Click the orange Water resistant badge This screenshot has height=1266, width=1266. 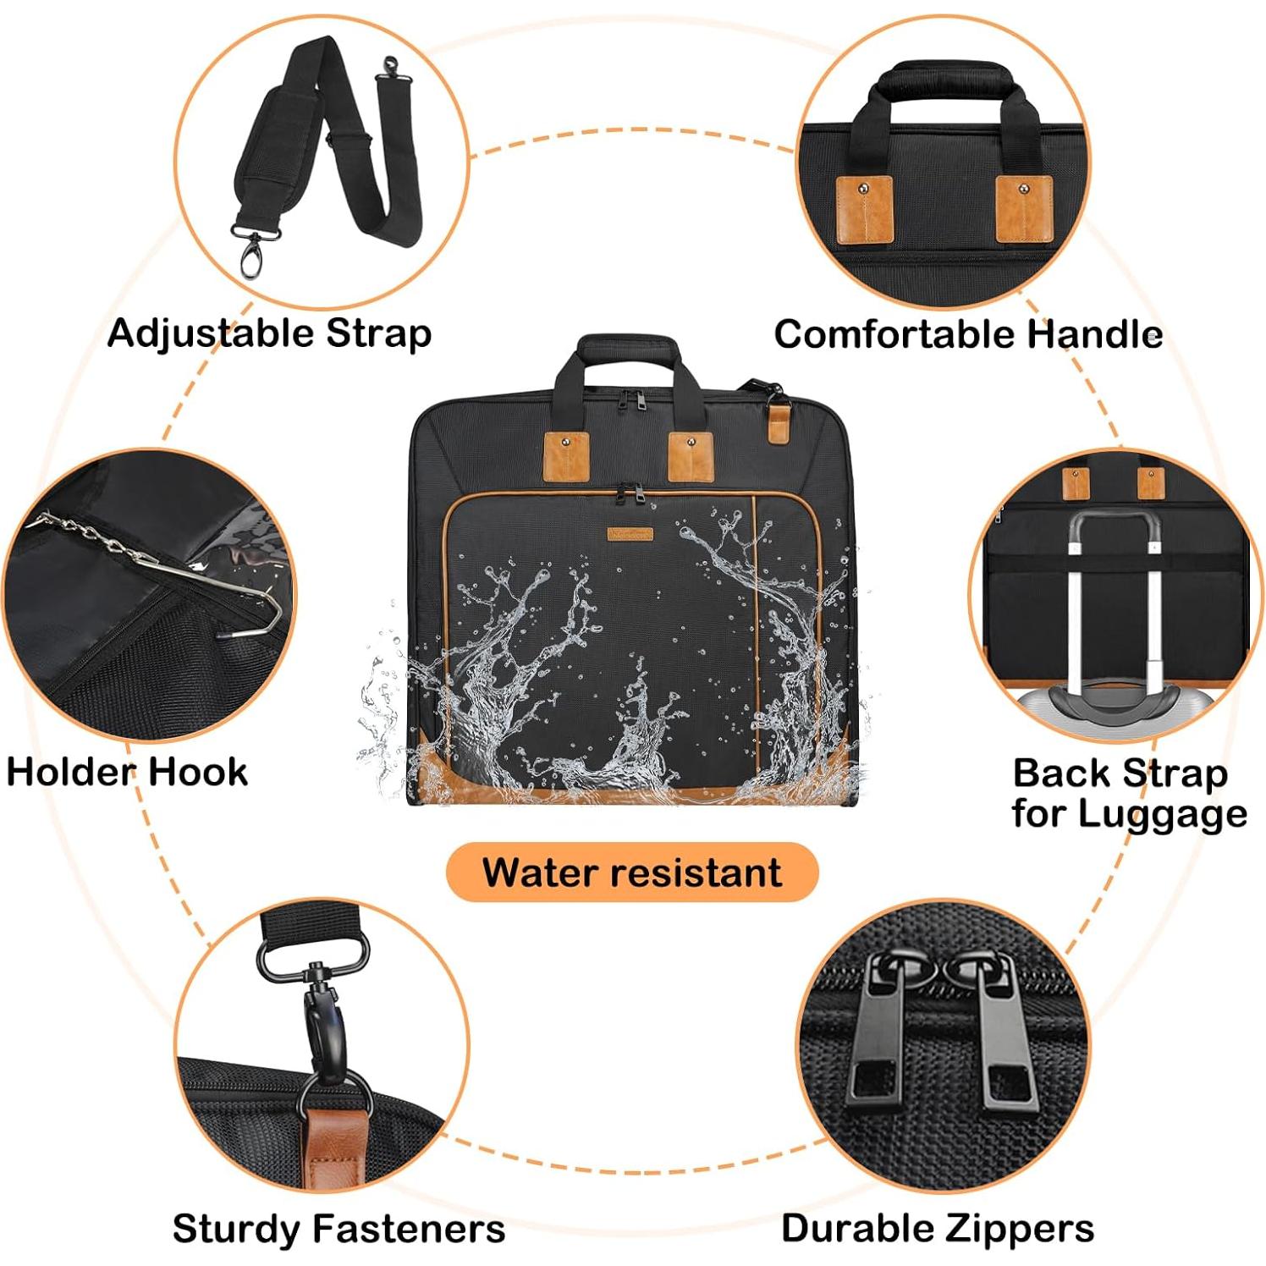[x=632, y=872]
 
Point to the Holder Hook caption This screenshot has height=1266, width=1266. [x=127, y=772]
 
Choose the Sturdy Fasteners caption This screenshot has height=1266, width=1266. [x=339, y=1228]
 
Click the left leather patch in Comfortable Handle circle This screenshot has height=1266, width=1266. [x=863, y=209]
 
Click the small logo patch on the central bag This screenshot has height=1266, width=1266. [x=630, y=534]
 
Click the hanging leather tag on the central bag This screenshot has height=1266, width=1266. [x=779, y=421]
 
